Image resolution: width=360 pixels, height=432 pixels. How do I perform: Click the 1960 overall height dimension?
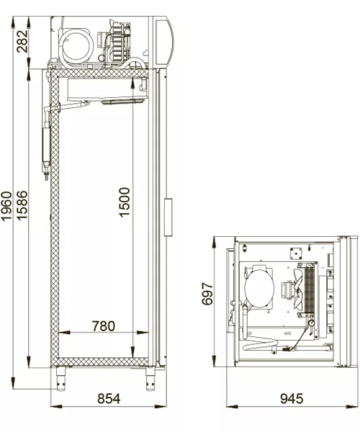click(x=6, y=207)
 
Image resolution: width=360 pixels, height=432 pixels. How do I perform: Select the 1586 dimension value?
click(x=22, y=205)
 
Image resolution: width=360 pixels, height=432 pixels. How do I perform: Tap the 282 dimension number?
click(x=22, y=41)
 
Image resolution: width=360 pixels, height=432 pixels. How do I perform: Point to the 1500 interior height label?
click(x=125, y=202)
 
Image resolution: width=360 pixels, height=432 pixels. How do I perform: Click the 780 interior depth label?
click(x=104, y=326)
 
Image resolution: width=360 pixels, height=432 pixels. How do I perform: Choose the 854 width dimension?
click(x=109, y=398)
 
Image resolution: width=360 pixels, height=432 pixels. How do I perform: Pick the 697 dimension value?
click(x=207, y=294)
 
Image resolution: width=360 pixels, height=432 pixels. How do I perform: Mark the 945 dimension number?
click(x=292, y=398)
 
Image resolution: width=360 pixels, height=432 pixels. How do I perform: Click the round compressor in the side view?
click(x=77, y=45)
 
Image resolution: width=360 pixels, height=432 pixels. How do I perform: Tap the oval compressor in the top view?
click(x=259, y=288)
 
